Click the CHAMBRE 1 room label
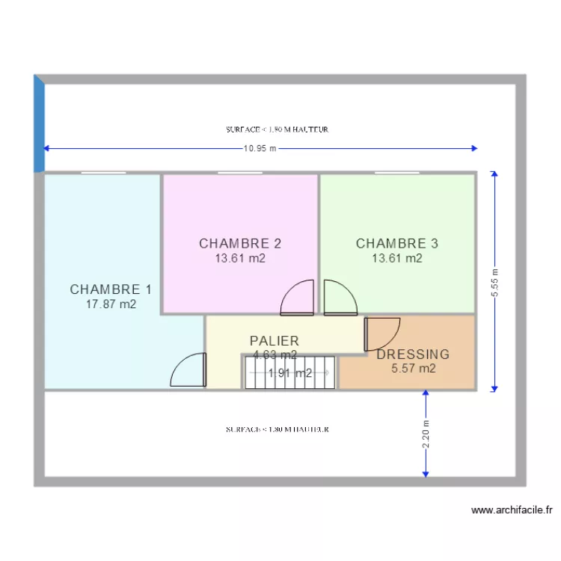click(110, 289)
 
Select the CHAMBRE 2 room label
click(240, 243)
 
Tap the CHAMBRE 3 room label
click(396, 243)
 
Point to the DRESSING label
click(413, 355)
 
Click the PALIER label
click(275, 340)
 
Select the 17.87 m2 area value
click(110, 304)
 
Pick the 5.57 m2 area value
click(413, 368)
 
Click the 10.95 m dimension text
click(260, 148)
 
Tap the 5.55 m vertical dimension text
click(494, 283)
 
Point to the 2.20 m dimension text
click(426, 435)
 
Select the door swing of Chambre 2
click(298, 298)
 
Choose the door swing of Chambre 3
click(340, 298)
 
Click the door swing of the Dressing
click(382, 334)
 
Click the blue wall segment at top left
click(39, 124)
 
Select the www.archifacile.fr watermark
click(512, 511)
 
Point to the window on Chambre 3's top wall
click(396, 174)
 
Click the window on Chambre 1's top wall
click(103, 174)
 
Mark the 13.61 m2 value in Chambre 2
click(240, 258)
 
